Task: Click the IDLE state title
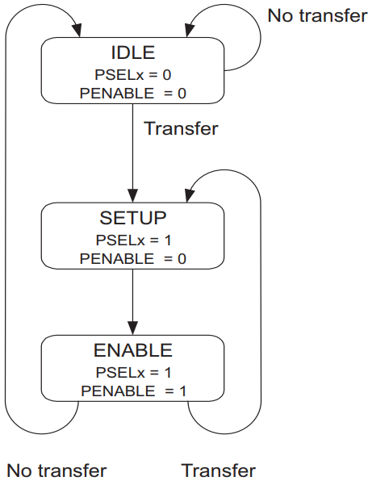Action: point(133,52)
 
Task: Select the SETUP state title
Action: point(133,218)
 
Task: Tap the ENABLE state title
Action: point(133,350)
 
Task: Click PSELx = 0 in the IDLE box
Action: point(133,75)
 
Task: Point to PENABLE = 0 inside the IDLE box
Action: point(133,94)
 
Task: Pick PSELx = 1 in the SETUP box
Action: point(134,240)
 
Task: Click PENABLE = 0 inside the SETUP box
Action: point(133,258)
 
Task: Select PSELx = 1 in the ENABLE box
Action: point(134,372)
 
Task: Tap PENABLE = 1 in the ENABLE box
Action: point(134,391)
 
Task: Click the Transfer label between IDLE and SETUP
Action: point(182,128)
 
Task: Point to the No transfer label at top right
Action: point(317,15)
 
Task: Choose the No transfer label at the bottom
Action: point(56,470)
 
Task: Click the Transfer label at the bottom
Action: point(219,470)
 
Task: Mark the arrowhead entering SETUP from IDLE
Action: point(133,195)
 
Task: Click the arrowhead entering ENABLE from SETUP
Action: point(133,328)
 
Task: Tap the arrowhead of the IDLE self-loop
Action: point(190,30)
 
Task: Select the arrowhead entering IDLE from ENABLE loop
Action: point(77,30)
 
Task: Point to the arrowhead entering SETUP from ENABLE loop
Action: point(190,195)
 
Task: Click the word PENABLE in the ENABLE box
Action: point(118,391)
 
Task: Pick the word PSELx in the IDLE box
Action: point(119,75)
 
